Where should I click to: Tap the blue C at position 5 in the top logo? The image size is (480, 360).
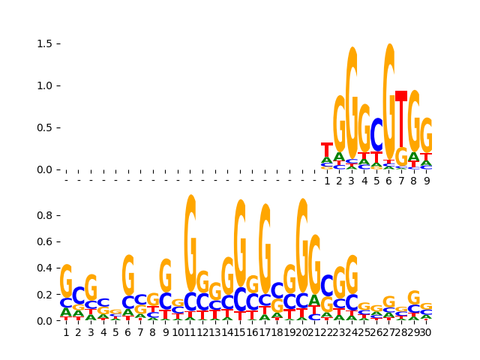pos(376,135)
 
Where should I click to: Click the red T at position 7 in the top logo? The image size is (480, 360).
pos(401,120)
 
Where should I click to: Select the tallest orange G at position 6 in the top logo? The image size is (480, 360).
pos(389,97)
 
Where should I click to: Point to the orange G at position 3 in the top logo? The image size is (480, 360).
pos(352,101)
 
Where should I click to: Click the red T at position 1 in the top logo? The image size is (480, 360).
pos(327,149)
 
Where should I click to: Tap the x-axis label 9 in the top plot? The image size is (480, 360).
pos(426,181)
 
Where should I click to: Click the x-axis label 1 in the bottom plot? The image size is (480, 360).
pos(66,332)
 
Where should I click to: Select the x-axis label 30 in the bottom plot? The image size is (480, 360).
pos(425,332)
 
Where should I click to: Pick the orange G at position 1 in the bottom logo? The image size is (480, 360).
pos(66,280)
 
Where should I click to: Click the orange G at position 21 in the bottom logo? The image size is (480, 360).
pos(314,264)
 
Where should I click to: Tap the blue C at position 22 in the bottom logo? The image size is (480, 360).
pos(327,286)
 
